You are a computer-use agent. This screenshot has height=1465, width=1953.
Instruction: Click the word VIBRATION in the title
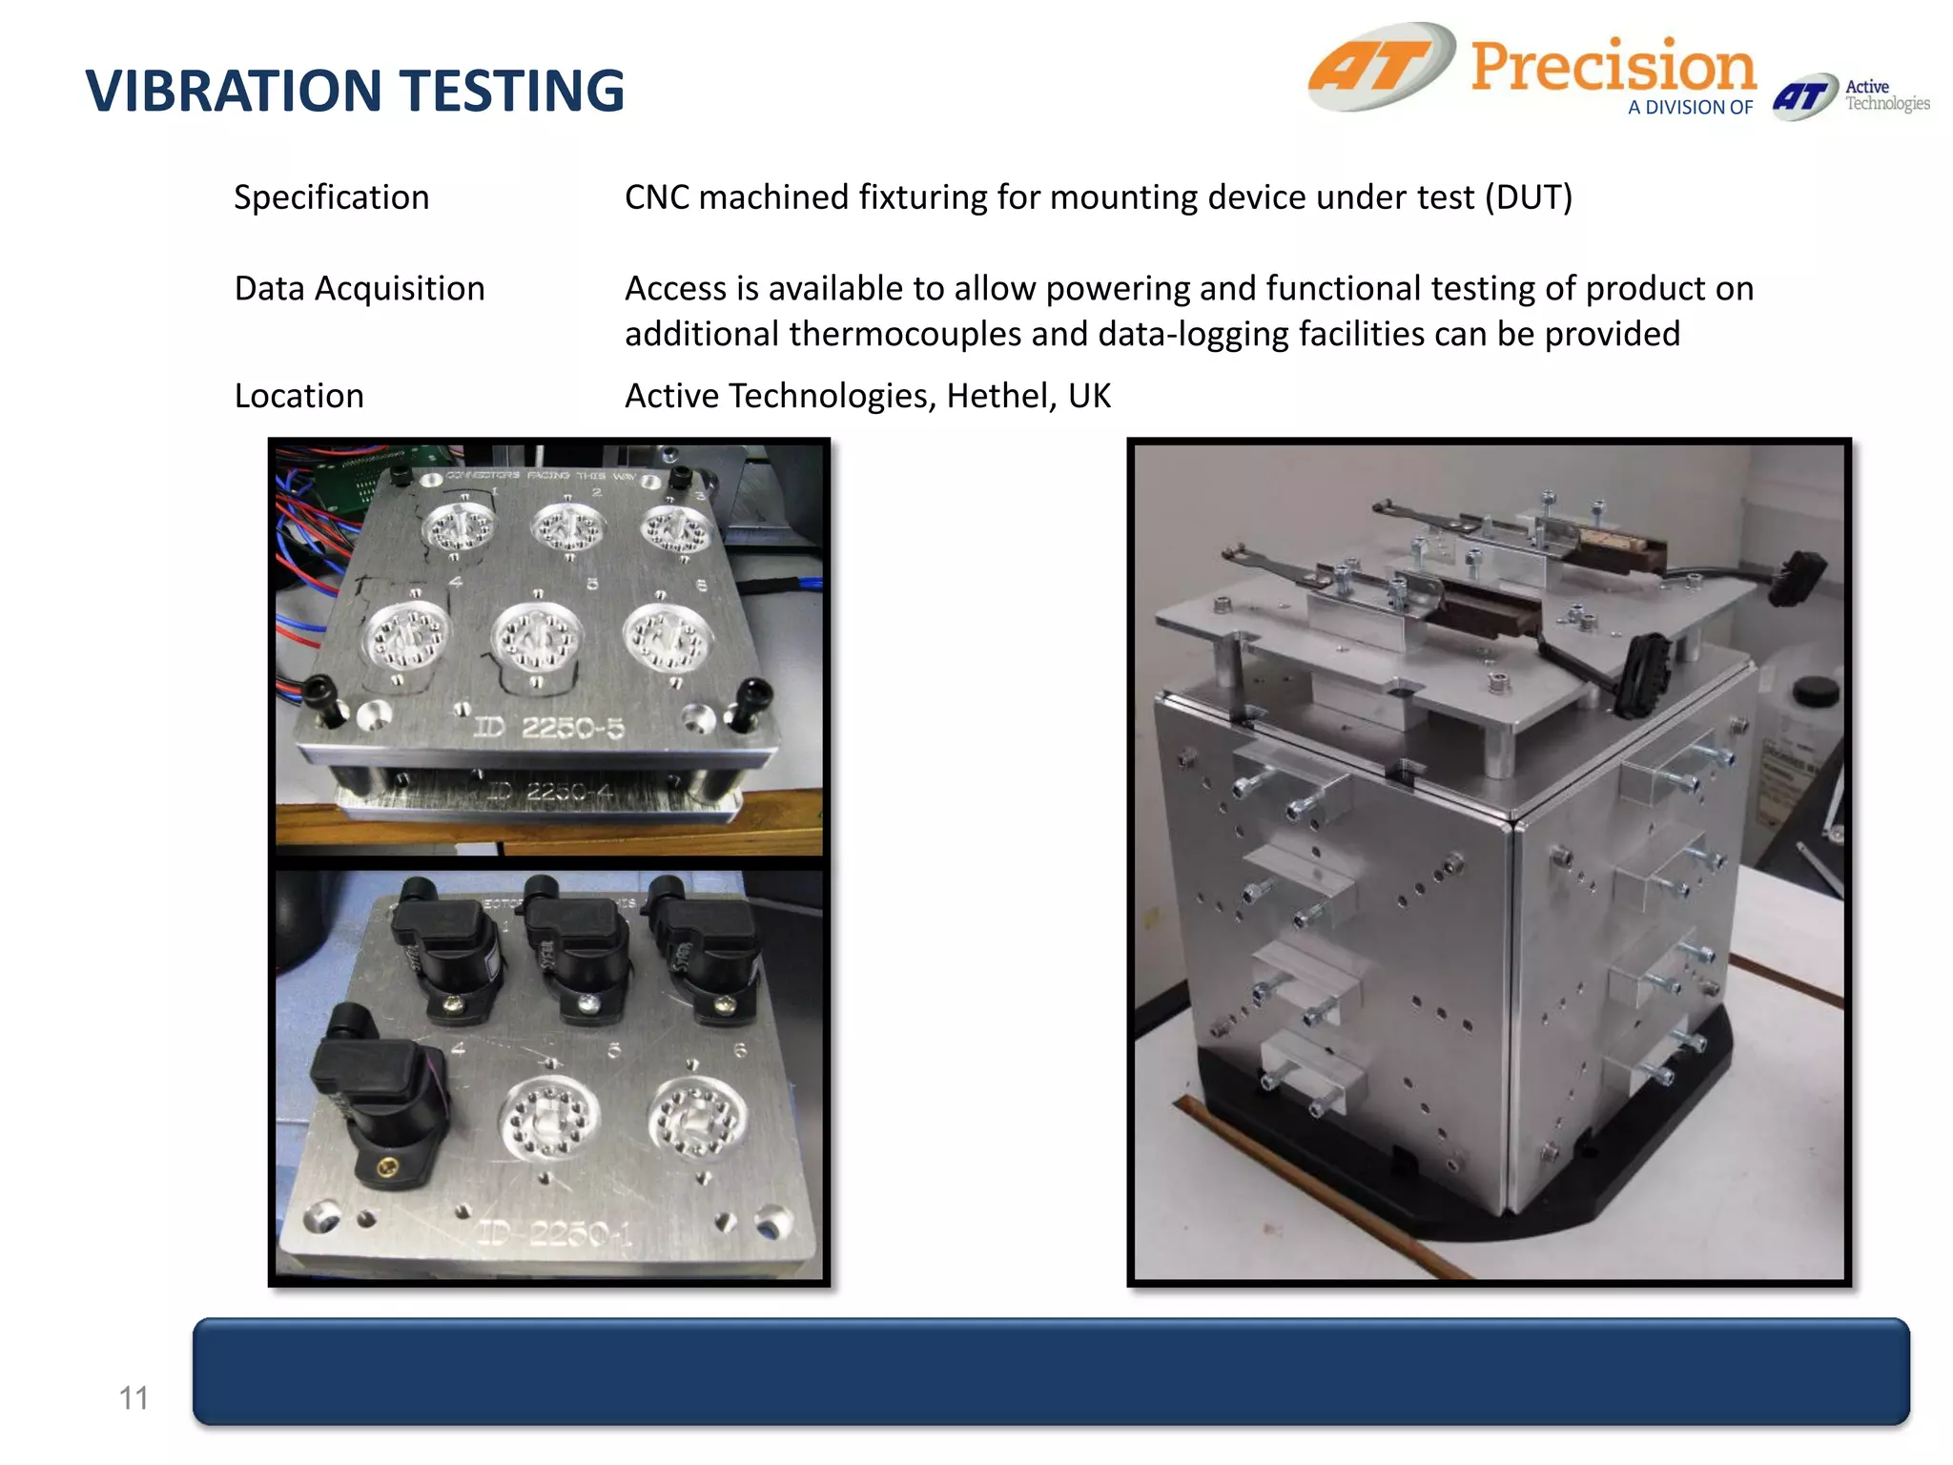coord(233,92)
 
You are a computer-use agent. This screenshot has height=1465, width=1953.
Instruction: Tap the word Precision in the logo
coord(1612,67)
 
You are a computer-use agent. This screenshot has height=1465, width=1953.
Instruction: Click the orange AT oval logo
coord(1382,67)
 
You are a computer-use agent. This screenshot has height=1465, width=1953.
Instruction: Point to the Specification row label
coord(331,197)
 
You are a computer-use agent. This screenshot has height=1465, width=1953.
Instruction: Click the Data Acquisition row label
coord(360,288)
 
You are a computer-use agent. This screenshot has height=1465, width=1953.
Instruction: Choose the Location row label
coord(298,396)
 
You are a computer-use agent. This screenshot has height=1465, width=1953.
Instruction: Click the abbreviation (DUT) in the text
coord(1528,197)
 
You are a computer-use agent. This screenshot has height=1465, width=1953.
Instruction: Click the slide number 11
coord(134,1398)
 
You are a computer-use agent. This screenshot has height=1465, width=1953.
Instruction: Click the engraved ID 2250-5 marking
coord(549,729)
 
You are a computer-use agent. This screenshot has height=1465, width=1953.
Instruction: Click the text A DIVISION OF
coord(1689,108)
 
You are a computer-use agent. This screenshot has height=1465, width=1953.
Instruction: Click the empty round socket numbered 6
coord(697,1118)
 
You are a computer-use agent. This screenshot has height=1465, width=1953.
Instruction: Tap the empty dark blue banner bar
coord(1050,1371)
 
